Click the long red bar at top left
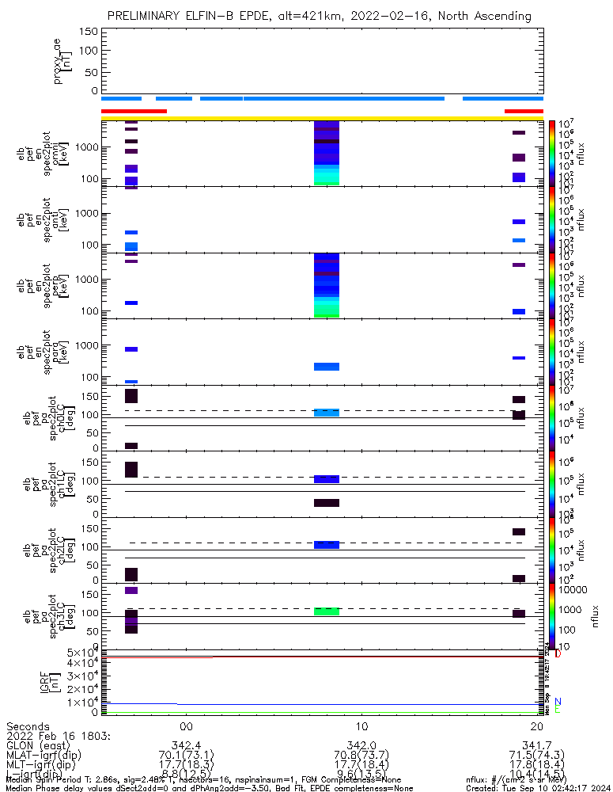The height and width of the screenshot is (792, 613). [x=134, y=111]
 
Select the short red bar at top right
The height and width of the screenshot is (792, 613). [x=524, y=111]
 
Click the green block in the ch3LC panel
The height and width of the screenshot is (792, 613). [x=327, y=611]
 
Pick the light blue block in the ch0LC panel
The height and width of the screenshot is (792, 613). [x=327, y=413]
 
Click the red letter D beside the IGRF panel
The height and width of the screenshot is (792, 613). [x=558, y=653]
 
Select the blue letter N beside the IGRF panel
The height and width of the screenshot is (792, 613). [x=558, y=702]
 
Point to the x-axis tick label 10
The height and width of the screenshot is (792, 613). [x=361, y=727]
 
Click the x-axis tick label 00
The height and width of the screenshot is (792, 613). [x=186, y=727]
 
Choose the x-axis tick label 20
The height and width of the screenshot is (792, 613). [x=538, y=727]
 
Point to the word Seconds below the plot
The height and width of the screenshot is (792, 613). [x=28, y=727]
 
